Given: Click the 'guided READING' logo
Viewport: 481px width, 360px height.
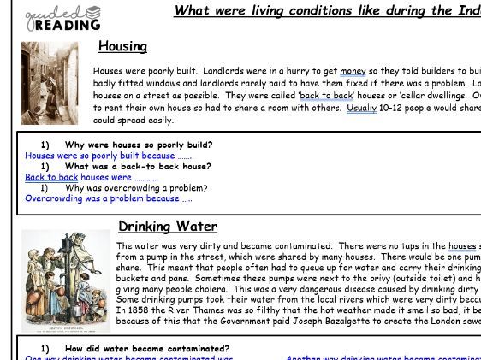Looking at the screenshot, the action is pos(62,17).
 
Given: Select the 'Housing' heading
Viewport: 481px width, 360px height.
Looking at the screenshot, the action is pos(122,46).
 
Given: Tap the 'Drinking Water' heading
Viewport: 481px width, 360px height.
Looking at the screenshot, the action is pos(168,227).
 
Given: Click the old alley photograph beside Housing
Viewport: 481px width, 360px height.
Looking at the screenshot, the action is pos(50,83).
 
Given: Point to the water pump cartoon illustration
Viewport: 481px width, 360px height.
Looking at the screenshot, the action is pos(66,280).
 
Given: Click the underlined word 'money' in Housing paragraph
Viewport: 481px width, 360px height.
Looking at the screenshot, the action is pos(353,71).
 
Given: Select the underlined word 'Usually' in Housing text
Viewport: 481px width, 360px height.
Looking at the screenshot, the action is pos(361,109).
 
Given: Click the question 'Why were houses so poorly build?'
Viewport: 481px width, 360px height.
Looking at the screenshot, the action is pos(138,145).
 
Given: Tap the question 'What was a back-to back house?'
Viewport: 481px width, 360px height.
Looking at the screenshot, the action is pos(138,167).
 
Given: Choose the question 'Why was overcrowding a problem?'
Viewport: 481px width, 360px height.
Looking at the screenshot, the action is pos(136,188).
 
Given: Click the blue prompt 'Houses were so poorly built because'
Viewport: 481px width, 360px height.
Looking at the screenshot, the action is pos(100,156).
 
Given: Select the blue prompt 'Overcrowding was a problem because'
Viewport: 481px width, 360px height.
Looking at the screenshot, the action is pos(102,198).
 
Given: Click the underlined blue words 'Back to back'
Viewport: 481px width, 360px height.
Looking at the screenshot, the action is pos(50,178).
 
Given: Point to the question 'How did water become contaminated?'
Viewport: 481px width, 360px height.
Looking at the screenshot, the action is pos(146,349).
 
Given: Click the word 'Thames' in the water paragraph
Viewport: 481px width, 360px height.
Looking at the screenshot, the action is pos(199,310).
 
